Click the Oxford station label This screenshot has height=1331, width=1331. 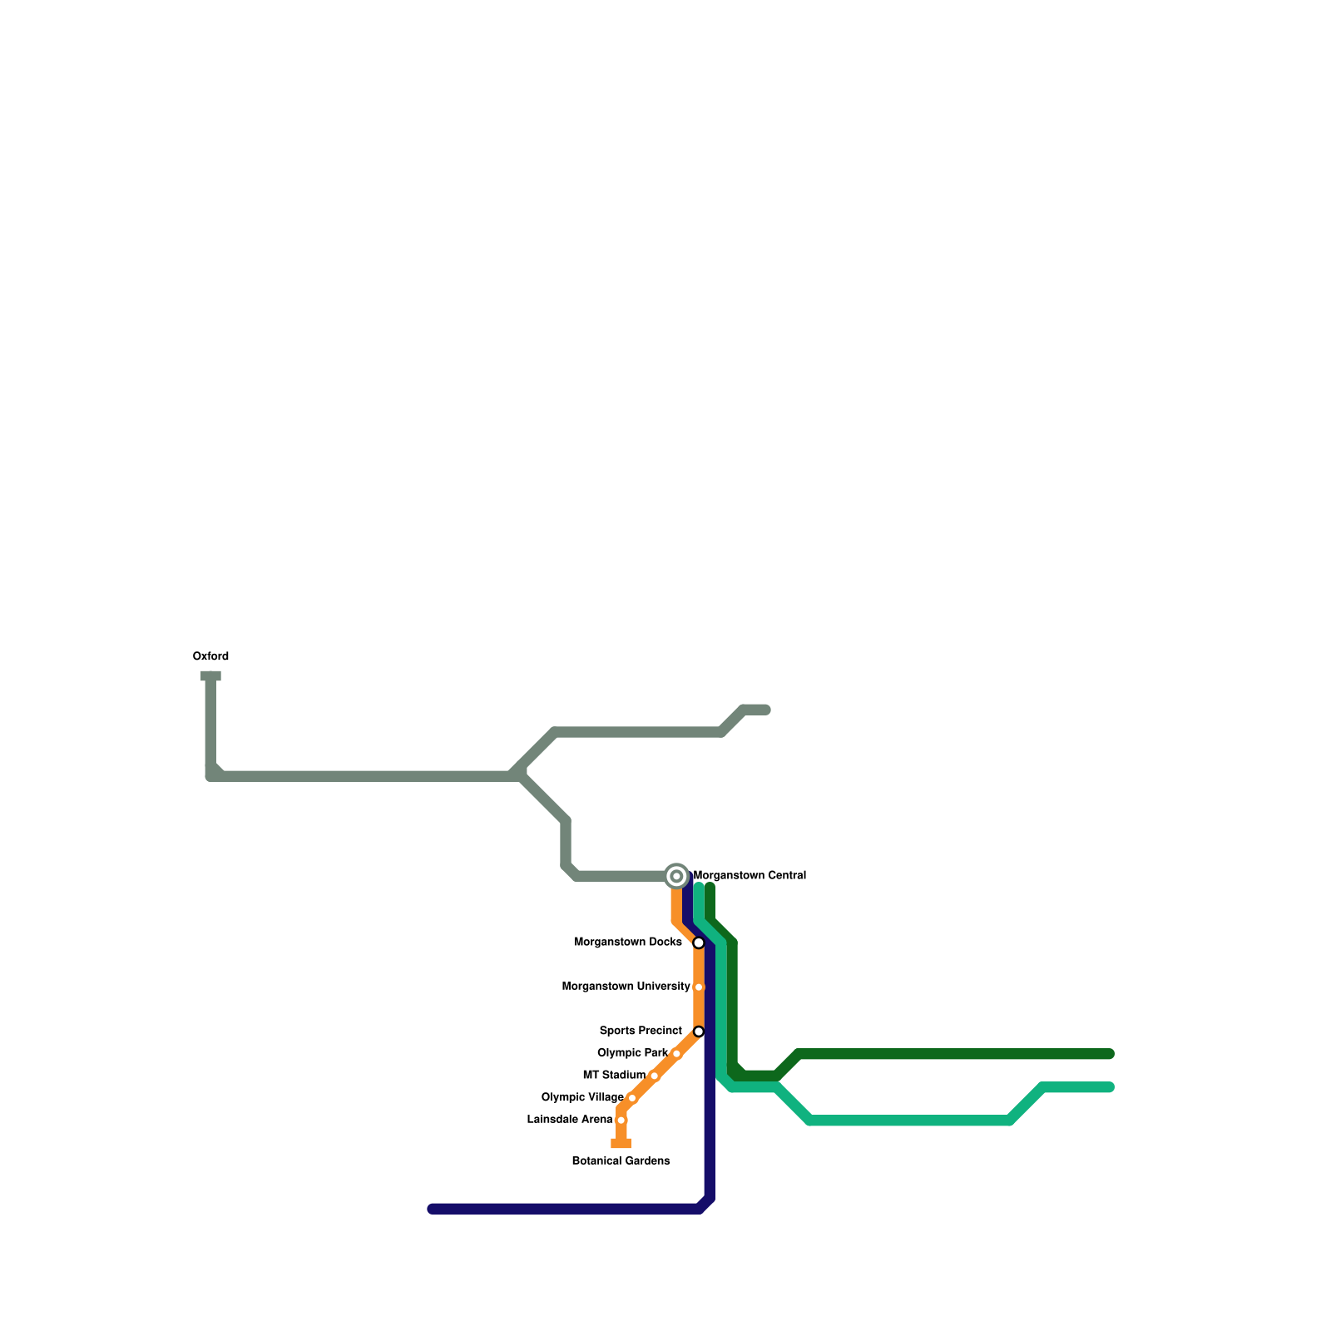tap(210, 656)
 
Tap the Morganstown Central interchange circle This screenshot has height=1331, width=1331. tap(677, 876)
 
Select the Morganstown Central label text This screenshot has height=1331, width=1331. tap(750, 875)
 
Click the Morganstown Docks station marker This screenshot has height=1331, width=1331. tap(699, 943)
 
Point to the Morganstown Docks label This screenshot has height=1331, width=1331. tap(627, 943)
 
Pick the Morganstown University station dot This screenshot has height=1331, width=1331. tap(699, 987)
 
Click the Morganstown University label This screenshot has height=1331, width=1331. tap(626, 987)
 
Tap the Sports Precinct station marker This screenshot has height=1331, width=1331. tap(699, 1032)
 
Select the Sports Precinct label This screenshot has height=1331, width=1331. tap(641, 1031)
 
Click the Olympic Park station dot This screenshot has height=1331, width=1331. tap(676, 1054)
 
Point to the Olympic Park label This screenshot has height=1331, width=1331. tap(632, 1053)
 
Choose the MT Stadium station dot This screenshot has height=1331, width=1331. tap(655, 1076)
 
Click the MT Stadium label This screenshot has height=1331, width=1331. tap(614, 1076)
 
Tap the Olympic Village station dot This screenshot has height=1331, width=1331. tap(632, 1098)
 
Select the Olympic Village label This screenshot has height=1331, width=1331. tap(582, 1097)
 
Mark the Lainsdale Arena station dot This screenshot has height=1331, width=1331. tap(621, 1121)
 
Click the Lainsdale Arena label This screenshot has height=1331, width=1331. tap(570, 1120)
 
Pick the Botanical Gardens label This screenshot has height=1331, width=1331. tap(621, 1161)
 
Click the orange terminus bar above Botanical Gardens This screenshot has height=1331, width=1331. tap(621, 1144)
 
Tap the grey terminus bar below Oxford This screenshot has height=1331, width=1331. tap(210, 676)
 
